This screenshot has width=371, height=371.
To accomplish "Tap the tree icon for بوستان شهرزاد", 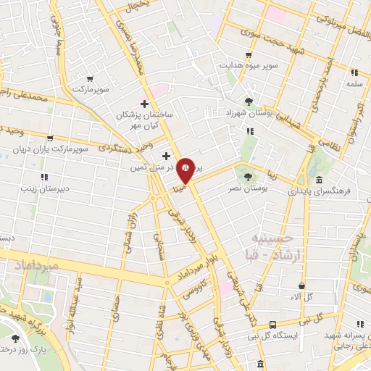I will click(x=250, y=101).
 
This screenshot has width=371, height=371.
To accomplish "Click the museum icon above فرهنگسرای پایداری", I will click(x=318, y=180).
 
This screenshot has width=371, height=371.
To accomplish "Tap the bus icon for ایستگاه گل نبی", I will click(x=272, y=325).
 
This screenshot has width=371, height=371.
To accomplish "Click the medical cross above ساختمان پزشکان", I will click(x=144, y=104).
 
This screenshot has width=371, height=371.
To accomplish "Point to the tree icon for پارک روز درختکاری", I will click(x=16, y=338).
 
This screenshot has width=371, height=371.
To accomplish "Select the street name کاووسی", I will click(x=192, y=290).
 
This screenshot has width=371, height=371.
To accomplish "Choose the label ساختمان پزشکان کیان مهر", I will click(x=144, y=120).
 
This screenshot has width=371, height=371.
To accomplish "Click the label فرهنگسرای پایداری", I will click(x=319, y=193).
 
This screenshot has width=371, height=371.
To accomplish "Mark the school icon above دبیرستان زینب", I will click(x=44, y=177).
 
